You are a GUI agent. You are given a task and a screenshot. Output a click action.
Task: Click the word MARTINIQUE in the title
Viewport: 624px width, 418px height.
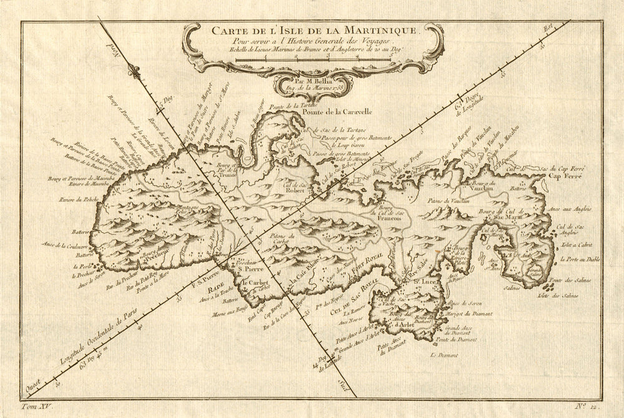point(378,29)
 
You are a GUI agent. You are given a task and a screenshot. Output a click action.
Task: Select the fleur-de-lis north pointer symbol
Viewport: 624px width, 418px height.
point(132,70)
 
